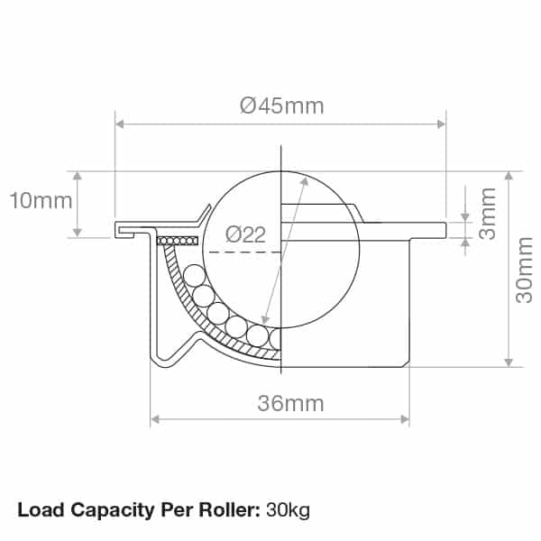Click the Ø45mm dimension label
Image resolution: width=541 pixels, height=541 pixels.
pos(281,105)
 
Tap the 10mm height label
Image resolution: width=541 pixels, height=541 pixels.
pos(41,200)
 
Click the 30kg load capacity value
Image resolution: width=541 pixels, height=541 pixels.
pos(288,510)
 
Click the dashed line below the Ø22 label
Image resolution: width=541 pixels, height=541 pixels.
pos(243,253)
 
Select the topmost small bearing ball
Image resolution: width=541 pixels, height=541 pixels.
pos(192,274)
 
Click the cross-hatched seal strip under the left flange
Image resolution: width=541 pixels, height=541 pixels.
pos(176,241)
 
